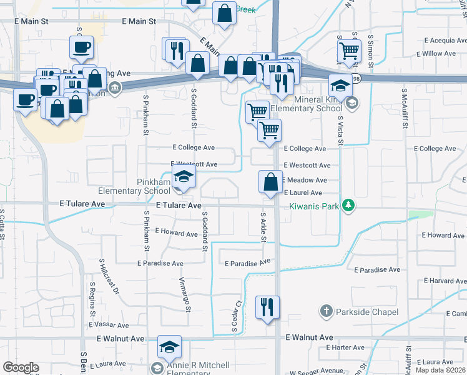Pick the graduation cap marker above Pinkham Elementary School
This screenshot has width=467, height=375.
tap(184, 177)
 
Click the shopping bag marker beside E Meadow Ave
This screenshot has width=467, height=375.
tap(271, 182)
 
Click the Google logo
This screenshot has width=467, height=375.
tap(21, 367)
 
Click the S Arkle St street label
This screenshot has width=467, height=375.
tap(263, 228)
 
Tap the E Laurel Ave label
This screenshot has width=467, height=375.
tap(303, 193)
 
